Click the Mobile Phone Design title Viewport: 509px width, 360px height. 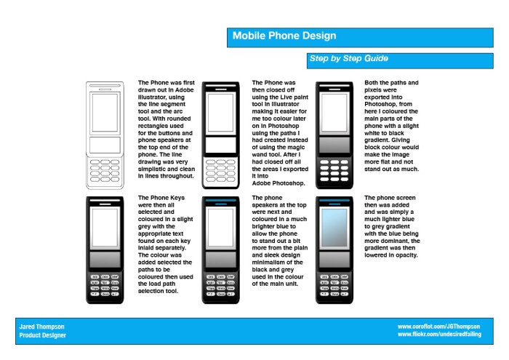284,36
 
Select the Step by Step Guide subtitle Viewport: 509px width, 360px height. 348,58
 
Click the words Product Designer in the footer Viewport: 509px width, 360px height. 43,335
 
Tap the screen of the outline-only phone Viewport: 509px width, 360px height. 105,113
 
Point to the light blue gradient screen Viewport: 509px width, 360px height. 334,228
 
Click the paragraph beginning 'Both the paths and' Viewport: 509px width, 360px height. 393,125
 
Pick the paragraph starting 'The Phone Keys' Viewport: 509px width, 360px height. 167,244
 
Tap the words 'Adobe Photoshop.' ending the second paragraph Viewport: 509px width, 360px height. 278,183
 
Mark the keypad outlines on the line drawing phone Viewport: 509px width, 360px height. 105,169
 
